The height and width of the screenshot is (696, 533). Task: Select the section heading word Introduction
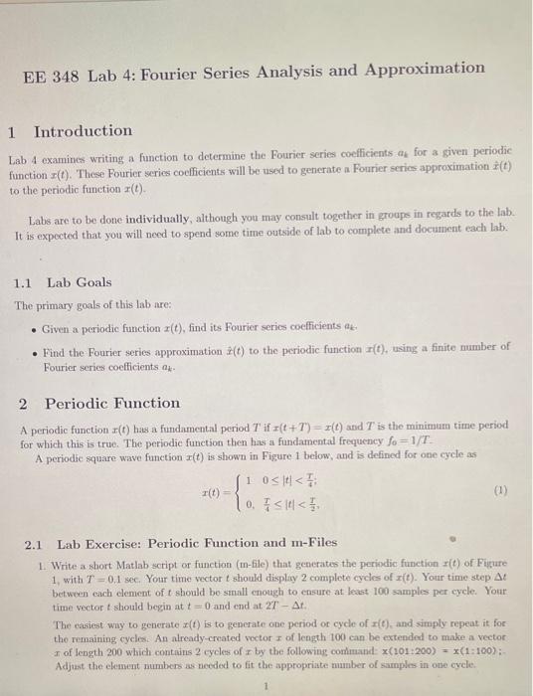coord(83,131)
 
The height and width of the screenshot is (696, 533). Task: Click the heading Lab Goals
coord(80,282)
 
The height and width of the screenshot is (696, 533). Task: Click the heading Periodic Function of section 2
coord(112,404)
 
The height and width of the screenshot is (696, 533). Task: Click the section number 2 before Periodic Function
coord(23,404)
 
